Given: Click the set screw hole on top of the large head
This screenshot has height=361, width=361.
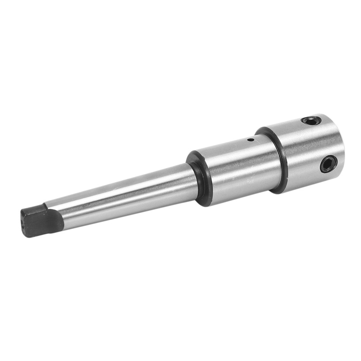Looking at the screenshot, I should [311, 120].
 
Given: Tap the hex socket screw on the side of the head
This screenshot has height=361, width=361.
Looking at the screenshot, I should [329, 163].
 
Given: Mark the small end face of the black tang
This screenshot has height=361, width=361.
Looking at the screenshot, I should [25, 221].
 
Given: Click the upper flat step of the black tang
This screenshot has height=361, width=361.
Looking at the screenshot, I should [36, 209].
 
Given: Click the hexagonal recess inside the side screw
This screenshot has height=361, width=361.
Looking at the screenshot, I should [329, 163].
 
